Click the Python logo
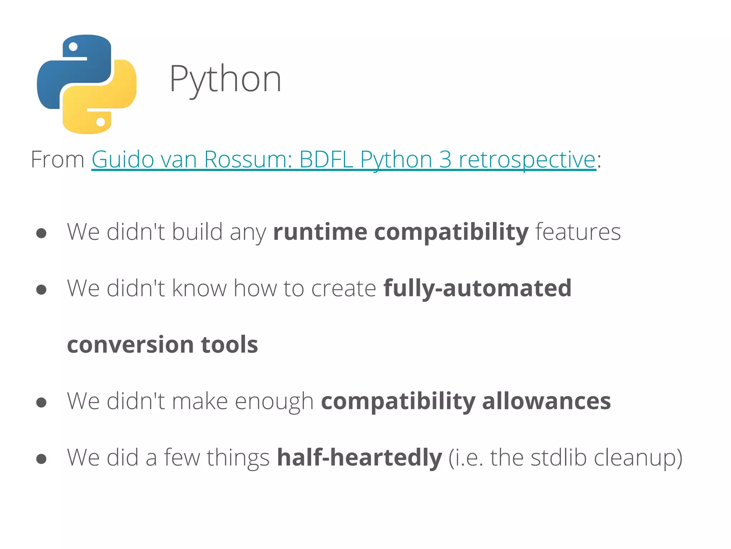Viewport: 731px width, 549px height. [87, 84]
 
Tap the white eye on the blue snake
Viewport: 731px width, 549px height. [73, 47]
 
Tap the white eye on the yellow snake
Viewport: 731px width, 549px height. [101, 122]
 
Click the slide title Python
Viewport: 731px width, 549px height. [225, 79]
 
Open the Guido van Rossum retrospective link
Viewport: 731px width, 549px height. [343, 159]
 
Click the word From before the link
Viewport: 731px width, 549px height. [57, 159]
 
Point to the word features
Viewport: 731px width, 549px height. [578, 232]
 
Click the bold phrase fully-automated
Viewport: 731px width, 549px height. [477, 288]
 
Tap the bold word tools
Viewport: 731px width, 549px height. [229, 345]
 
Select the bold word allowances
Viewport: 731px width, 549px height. [546, 401]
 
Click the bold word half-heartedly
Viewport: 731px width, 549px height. [359, 457]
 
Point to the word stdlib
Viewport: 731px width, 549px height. [558, 457]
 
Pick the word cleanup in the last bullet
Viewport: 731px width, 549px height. [634, 458]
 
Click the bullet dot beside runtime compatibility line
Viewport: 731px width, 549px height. [41, 233]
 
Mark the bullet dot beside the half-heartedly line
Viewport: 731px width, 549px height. [41, 459]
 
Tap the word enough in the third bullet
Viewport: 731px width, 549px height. [274, 402]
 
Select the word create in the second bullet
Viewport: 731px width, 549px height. [343, 288]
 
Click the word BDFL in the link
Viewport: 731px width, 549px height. [326, 159]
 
